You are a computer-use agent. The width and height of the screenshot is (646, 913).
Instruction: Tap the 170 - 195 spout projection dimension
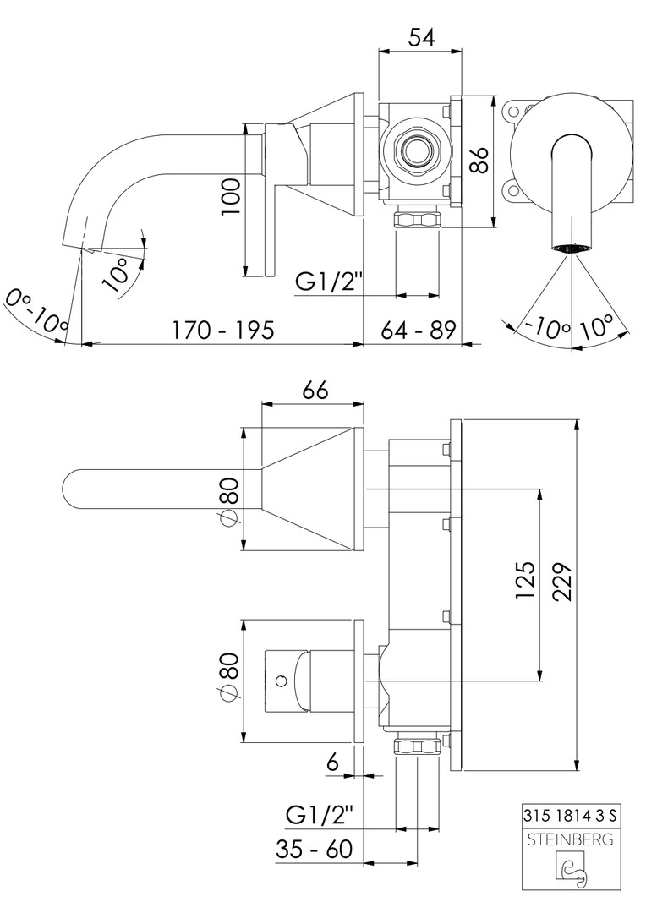click(222, 330)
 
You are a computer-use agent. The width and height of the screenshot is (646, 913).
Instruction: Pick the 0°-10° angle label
click(36, 311)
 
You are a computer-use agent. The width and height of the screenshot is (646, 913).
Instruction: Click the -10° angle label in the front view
click(544, 326)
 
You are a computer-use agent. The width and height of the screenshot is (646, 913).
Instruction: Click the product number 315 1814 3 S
click(571, 816)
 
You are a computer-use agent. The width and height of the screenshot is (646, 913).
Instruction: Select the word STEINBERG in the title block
click(571, 839)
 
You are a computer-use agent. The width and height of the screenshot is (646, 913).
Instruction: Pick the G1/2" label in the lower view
click(319, 815)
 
